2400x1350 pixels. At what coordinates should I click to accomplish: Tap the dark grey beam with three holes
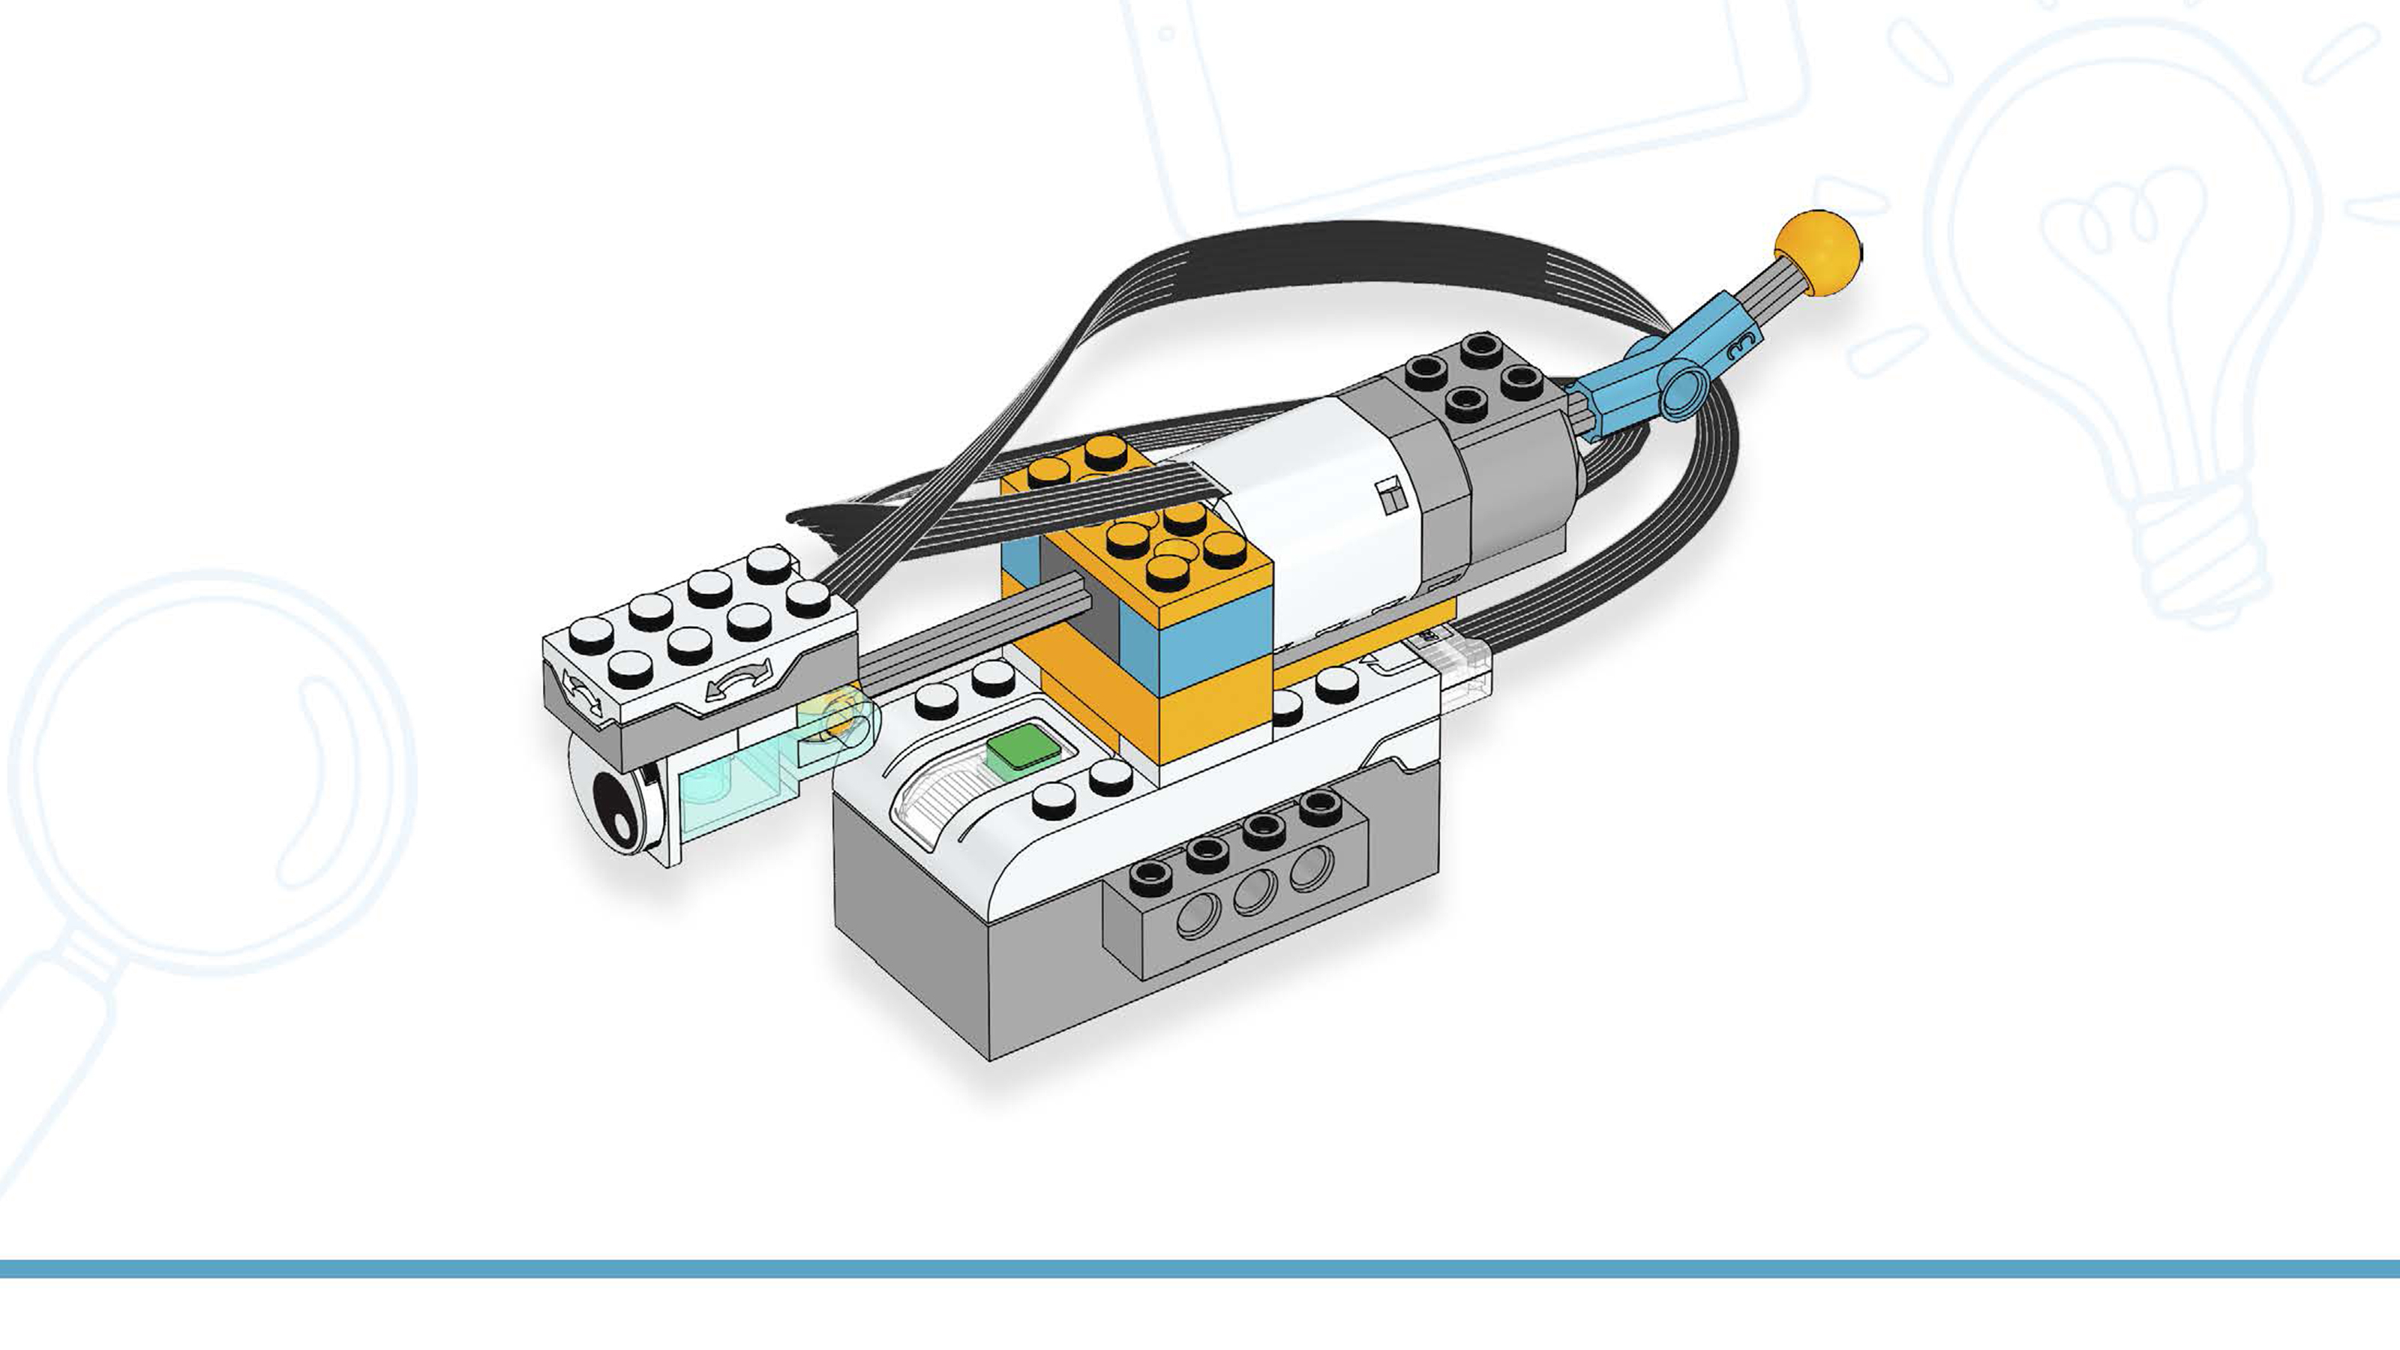[1239, 899]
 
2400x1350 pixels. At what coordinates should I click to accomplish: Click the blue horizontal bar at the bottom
[1200, 1268]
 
